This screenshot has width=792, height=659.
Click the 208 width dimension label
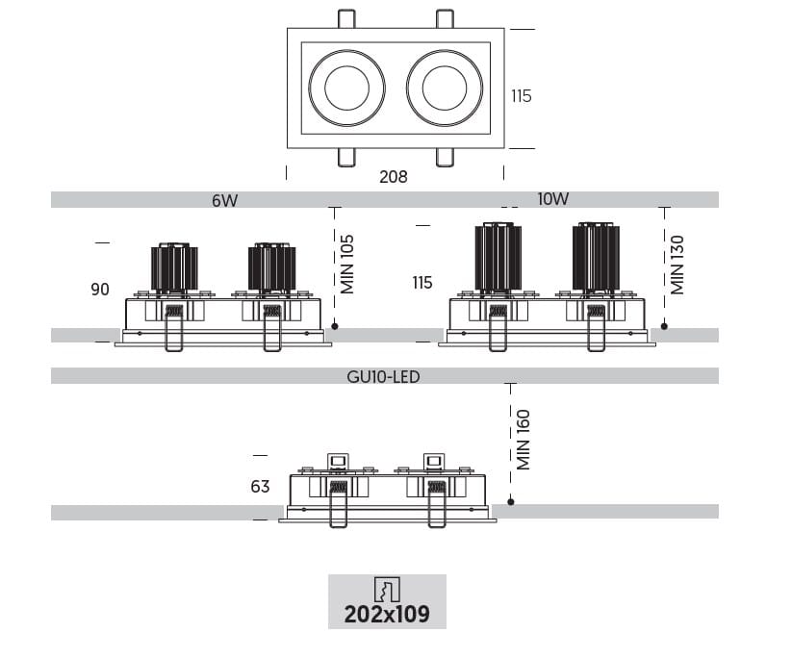[x=393, y=176]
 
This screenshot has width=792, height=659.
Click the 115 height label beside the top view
[x=521, y=96]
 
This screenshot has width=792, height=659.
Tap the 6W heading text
[x=224, y=200]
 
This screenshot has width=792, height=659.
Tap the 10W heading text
[x=553, y=199]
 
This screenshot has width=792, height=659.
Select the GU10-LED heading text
[x=383, y=376]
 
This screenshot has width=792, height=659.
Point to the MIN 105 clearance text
[x=348, y=264]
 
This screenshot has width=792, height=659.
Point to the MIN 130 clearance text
[x=677, y=264]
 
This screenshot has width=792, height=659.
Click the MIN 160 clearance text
[x=524, y=440]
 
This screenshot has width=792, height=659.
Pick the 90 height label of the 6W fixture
[x=100, y=289]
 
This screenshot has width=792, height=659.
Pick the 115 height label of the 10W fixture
[x=422, y=283]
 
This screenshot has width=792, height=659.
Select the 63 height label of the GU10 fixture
[x=260, y=487]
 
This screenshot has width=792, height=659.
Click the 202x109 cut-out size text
[x=387, y=613]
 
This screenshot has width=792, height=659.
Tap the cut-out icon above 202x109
[x=386, y=589]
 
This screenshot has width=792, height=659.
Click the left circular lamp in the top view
[x=346, y=89]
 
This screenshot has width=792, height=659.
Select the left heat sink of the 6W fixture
[x=173, y=267]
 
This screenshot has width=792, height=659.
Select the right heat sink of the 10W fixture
[x=595, y=256]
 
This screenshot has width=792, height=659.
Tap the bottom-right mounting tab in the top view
[x=444, y=158]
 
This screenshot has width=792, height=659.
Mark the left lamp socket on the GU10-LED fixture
[x=338, y=463]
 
